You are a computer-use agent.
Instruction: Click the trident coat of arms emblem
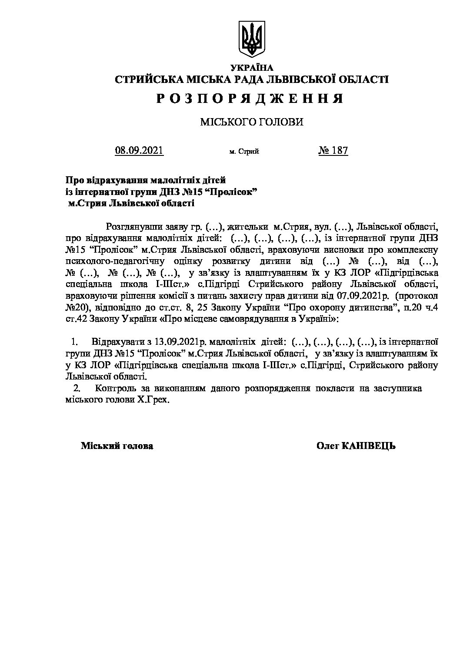coord(252,39)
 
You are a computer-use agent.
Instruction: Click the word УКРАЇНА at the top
coord(252,68)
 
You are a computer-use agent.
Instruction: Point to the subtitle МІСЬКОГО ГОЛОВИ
coord(251,122)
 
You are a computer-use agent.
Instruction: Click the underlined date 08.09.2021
coord(139,151)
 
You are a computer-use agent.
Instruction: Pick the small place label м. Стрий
coord(244,152)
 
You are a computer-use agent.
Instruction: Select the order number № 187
coord(333,151)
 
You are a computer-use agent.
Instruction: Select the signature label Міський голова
coord(117,446)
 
